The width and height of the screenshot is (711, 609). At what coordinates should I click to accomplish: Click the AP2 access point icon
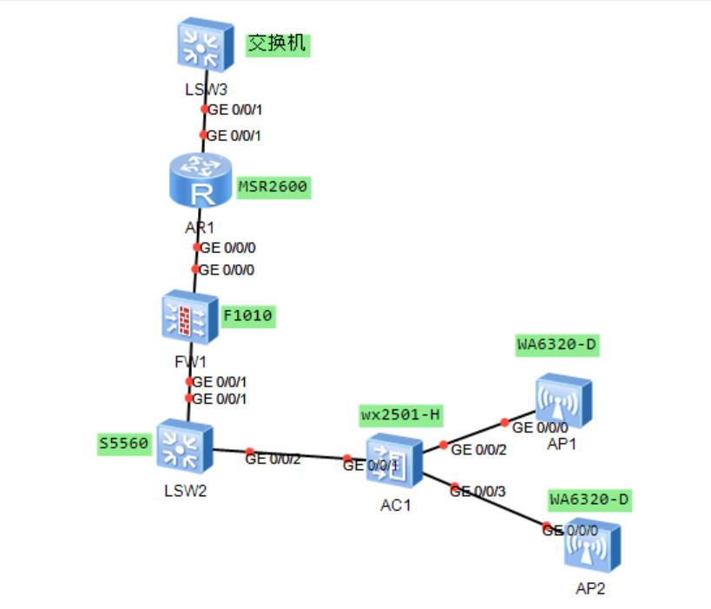[x=593, y=546]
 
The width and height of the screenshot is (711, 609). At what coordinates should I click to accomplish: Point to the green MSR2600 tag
[x=273, y=187]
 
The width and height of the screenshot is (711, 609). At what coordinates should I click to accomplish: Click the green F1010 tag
[x=248, y=315]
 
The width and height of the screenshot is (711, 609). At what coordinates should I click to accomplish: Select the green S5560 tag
[x=124, y=444]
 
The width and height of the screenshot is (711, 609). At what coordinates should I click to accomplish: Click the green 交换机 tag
[x=278, y=44]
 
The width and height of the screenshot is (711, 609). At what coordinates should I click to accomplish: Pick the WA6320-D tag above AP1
[x=557, y=345]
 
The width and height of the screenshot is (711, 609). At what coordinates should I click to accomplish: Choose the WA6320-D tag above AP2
[x=589, y=500]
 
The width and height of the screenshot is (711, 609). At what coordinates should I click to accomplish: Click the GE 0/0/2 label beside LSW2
[x=273, y=459]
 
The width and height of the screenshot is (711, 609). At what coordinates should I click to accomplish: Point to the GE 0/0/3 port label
[x=477, y=491]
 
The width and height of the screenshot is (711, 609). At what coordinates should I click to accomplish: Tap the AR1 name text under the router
[x=199, y=227]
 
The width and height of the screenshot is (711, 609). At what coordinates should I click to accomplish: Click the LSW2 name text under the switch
[x=185, y=491]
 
